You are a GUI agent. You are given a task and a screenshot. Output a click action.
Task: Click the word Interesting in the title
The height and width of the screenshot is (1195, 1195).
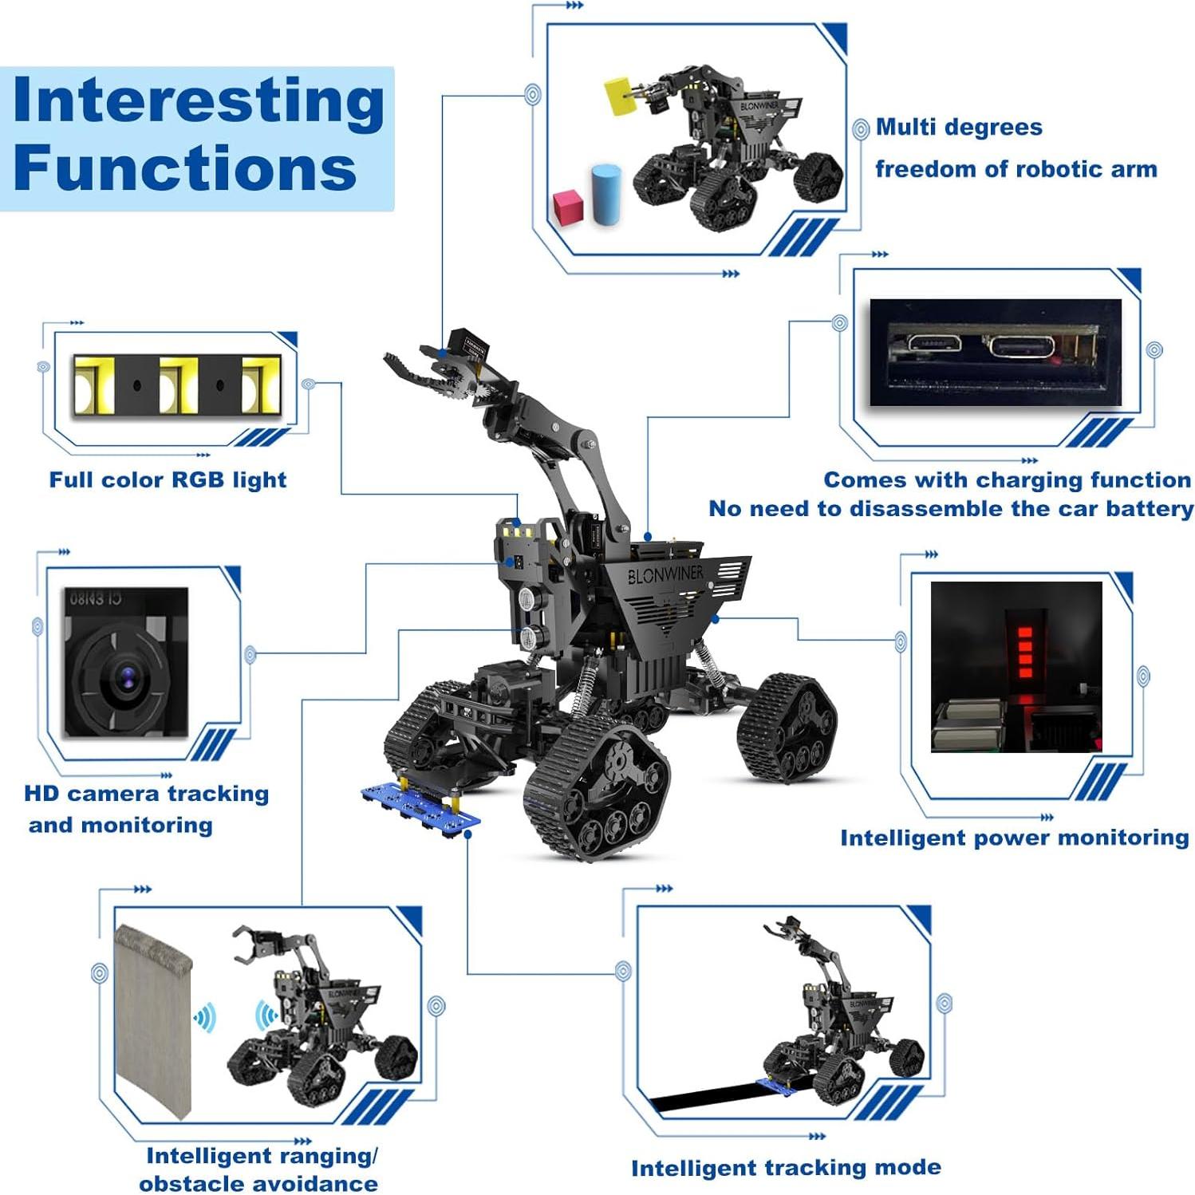point(198,101)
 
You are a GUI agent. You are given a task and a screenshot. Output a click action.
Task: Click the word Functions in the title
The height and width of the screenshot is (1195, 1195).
point(184,168)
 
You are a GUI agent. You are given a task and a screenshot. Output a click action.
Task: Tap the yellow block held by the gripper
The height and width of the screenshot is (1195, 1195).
point(618,97)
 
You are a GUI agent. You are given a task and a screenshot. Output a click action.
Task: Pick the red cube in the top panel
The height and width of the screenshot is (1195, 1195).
point(568,207)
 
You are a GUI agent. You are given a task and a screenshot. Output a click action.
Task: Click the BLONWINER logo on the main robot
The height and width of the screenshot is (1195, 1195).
point(665,574)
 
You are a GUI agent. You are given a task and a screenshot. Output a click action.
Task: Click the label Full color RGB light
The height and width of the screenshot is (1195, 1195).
point(168,479)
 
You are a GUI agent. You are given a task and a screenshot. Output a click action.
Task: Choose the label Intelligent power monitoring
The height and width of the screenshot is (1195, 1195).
point(1014,838)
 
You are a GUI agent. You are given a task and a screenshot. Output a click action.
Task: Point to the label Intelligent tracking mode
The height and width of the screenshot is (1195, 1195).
point(786,1168)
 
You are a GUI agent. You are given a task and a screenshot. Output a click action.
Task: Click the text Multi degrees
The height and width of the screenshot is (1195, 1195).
point(959,128)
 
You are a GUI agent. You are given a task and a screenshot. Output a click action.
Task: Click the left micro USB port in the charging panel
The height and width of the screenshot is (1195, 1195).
point(934,345)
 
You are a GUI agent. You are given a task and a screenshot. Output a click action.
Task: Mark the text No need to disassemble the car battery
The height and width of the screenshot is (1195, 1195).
point(951,509)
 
